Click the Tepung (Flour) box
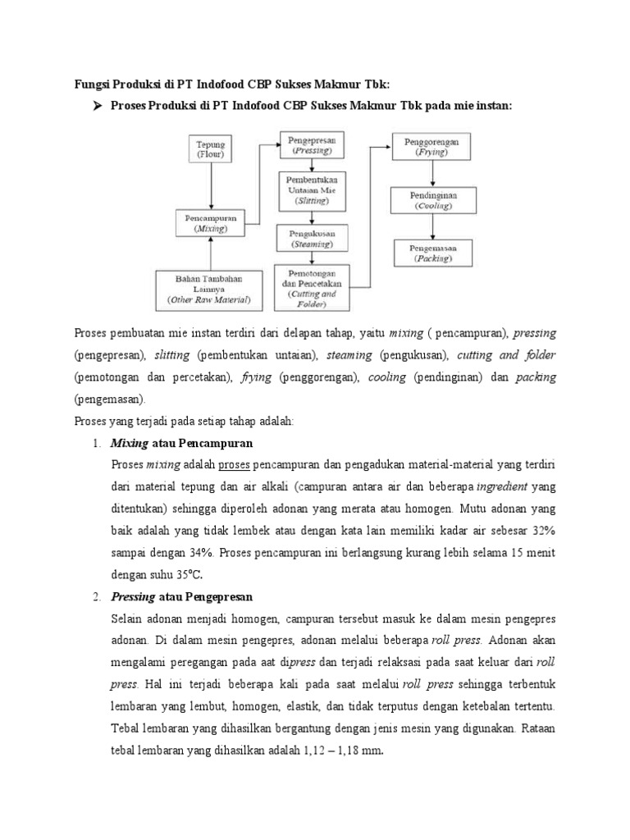[x=212, y=148]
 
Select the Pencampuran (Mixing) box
[x=210, y=223]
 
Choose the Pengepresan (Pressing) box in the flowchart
[x=312, y=146]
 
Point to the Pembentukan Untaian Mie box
[x=312, y=190]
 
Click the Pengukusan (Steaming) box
[x=312, y=239]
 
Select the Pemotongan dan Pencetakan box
[x=312, y=287]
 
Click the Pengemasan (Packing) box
[x=431, y=252]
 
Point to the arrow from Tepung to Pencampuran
[x=212, y=185]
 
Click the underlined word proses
[x=234, y=464]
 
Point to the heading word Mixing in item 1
[x=130, y=443]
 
